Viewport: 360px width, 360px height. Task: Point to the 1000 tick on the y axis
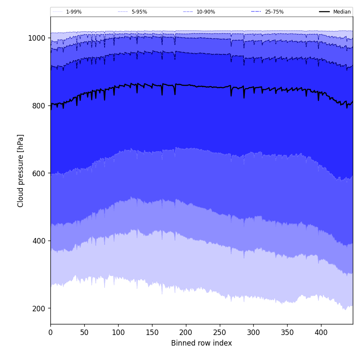pos(37,38)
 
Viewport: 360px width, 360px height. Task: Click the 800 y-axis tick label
pos(39,106)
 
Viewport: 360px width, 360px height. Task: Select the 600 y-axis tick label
pos(39,173)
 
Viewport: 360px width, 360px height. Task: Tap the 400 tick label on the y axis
pos(39,241)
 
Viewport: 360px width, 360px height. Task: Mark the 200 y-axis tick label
pos(39,308)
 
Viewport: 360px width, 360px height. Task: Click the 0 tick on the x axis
pos(50,332)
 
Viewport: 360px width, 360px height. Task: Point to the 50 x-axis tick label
pos(84,332)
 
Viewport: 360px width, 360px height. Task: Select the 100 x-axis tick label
pos(118,332)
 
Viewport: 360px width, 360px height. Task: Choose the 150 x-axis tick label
pos(152,332)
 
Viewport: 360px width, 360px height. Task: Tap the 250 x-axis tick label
pos(220,332)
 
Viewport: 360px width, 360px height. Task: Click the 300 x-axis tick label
pos(253,332)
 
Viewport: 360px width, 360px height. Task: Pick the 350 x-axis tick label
pos(287,332)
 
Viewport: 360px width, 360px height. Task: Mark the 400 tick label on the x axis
pos(321,332)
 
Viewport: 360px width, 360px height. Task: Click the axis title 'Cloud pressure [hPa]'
pos(21,171)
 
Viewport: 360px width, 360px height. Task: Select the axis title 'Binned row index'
pos(202,343)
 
